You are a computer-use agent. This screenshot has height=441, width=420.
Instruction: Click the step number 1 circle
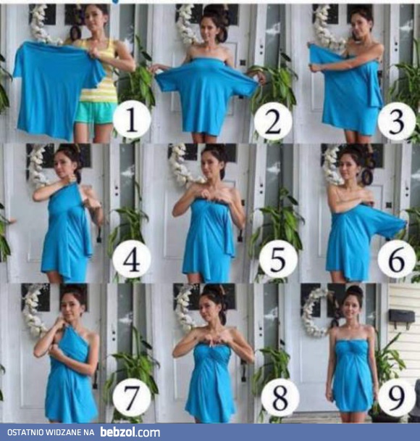point(132,120)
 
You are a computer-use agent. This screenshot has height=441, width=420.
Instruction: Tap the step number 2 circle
point(273,121)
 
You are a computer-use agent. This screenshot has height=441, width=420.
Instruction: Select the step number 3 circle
point(397,121)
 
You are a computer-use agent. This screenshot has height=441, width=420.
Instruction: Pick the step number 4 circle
point(132,259)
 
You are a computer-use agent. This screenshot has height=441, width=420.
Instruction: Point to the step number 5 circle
point(278,259)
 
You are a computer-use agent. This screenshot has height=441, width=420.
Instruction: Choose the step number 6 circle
point(397,259)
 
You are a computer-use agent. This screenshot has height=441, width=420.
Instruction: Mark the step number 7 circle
point(132,397)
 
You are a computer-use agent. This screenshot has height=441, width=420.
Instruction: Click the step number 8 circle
point(280,397)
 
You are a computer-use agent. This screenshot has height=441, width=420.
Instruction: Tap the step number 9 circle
point(397,397)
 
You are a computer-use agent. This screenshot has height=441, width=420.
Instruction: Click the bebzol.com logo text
point(130,432)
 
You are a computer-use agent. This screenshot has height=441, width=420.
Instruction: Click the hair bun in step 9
point(355,292)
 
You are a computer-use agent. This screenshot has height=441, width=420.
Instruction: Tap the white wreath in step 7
point(33,310)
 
